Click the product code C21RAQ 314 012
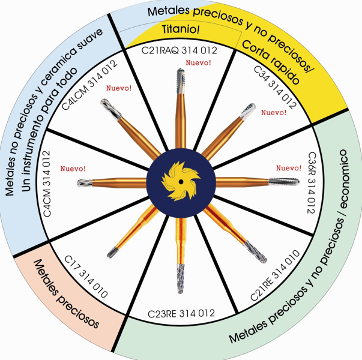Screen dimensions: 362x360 click(179, 50)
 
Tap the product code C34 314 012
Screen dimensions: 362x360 click(275, 88)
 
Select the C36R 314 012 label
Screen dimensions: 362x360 click(312, 182)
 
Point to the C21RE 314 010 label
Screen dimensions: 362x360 click(275, 275)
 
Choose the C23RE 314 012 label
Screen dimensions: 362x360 click(181, 314)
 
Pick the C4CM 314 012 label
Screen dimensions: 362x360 click(47, 184)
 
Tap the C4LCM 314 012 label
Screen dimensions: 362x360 click(90, 85)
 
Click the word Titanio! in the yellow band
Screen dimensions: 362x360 click(181, 29)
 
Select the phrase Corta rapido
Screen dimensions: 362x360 click(271, 62)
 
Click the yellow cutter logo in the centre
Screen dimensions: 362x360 click(181, 181)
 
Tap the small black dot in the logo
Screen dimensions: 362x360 click(181, 182)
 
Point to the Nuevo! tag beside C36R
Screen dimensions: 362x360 click(289, 168)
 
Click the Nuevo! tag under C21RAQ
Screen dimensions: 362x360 click(199, 62)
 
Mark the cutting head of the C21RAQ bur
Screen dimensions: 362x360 click(181, 81)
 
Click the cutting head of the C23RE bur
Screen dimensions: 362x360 click(181, 278)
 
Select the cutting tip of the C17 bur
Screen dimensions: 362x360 click(112, 253)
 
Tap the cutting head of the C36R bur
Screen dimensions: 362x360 click(284, 181)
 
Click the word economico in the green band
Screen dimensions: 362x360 click(344, 179)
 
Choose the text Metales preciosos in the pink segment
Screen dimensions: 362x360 click(67, 293)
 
